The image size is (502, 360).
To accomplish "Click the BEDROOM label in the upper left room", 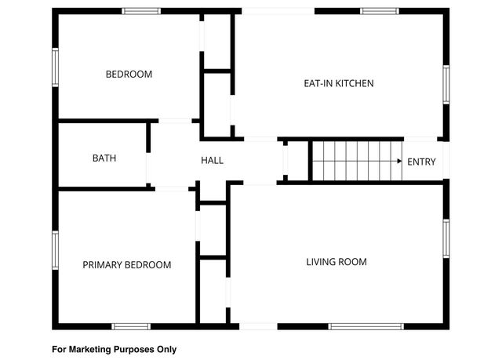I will pos(129,75).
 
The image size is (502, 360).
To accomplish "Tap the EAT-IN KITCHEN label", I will pos(338,83).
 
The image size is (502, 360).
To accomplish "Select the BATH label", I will pos(104,158).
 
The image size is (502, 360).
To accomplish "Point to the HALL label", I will pos(212,161).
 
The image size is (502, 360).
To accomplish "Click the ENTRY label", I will pos(421,162).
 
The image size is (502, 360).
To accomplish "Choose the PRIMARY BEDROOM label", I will pos(126,265).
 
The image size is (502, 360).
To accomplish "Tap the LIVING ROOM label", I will pos(336,261).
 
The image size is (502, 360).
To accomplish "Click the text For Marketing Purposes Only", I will pos(115,349).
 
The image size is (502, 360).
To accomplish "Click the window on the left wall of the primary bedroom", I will pos(55,250).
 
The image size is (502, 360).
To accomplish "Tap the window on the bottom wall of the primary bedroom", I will pos(130,325).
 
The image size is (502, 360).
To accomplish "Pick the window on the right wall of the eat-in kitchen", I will pos(446,85).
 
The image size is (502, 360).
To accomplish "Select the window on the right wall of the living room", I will pos(446,239).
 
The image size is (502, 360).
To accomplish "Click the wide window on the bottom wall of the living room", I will pos(360,325).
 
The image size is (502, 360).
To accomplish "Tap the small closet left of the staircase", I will pos(295,161).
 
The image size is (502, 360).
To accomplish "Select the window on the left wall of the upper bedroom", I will pos(55,67).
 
